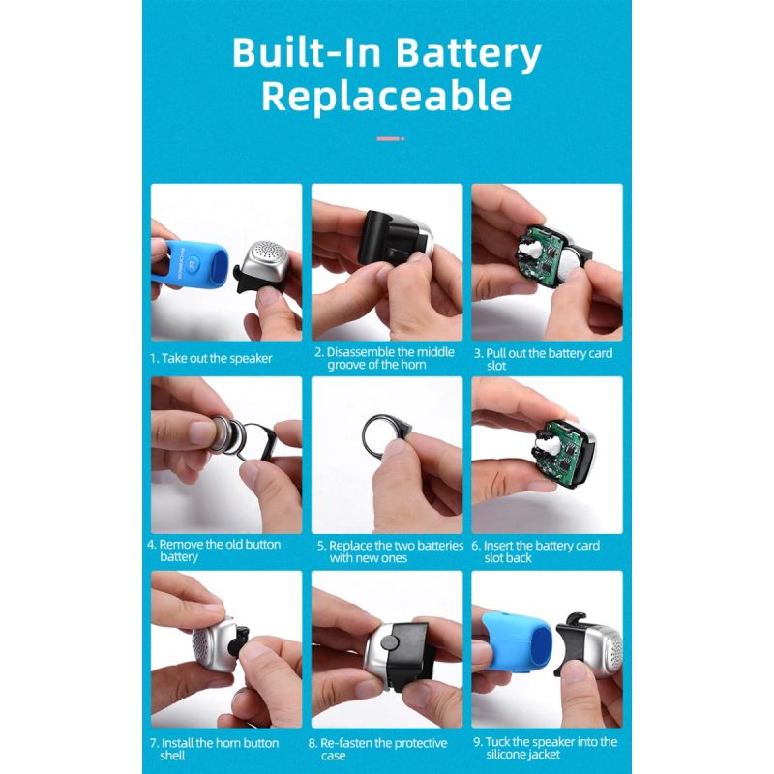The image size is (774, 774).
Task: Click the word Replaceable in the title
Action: point(386,96)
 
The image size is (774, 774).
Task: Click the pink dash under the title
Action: point(390,138)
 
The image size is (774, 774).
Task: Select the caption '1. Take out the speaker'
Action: point(211,358)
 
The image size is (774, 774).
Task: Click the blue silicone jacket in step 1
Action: point(190,262)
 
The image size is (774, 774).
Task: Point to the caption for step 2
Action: point(384,358)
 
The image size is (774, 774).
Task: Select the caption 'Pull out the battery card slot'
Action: point(543,359)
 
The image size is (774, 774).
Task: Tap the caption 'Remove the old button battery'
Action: point(214,551)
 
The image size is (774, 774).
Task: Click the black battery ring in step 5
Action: point(384,432)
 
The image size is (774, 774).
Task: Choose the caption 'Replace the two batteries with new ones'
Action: point(390,551)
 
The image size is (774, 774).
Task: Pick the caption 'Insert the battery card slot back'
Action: point(535,551)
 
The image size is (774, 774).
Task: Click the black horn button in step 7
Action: point(241,641)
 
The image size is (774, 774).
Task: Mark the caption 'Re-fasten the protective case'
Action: point(377,749)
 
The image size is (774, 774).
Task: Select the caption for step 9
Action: point(545,748)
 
